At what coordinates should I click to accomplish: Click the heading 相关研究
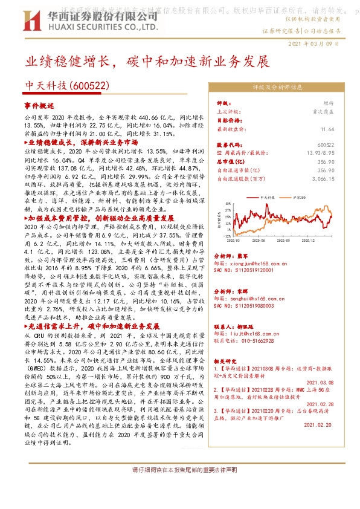227,361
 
